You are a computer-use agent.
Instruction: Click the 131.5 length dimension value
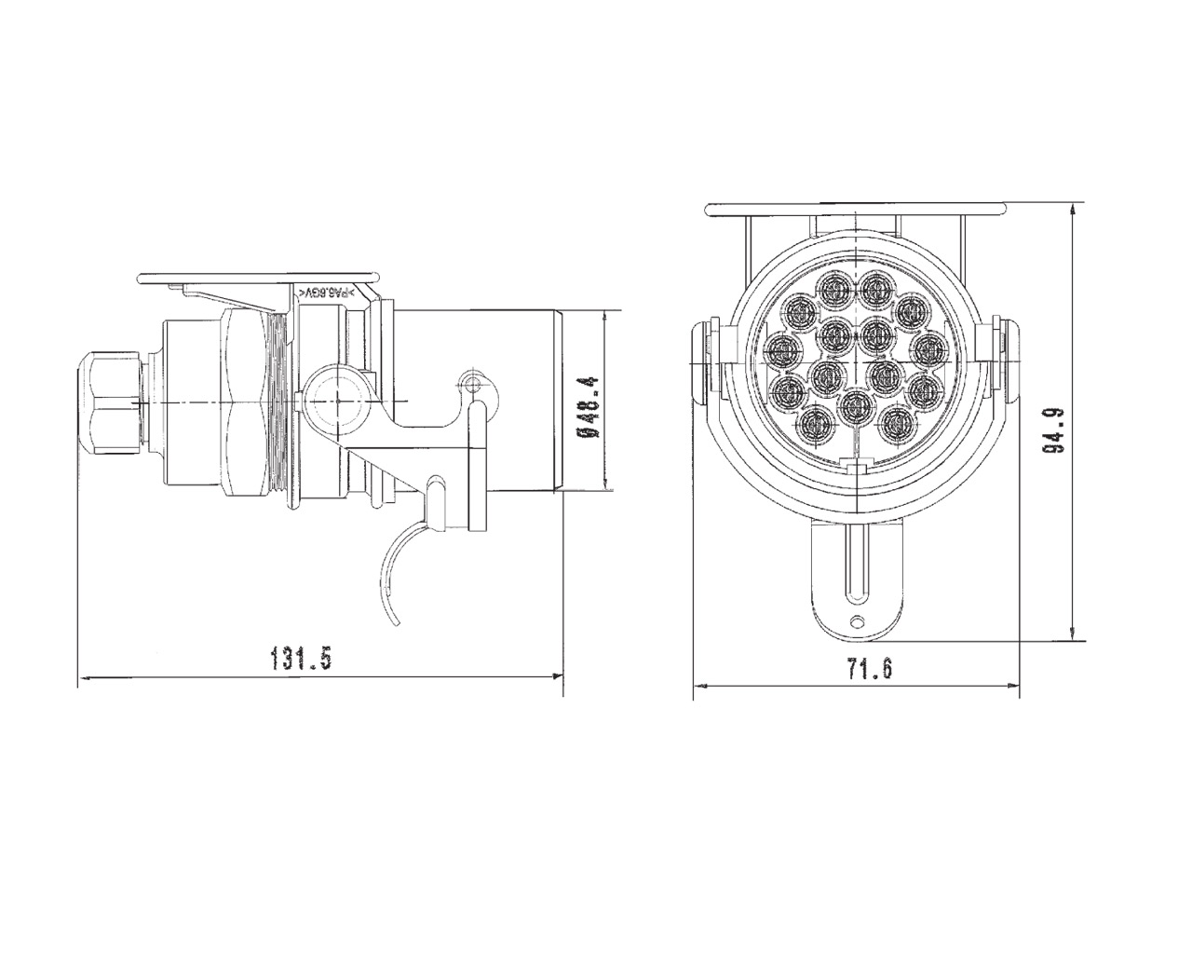coord(301,660)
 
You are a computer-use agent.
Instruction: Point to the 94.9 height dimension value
coord(1053,429)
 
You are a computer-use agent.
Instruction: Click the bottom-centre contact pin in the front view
coord(854,406)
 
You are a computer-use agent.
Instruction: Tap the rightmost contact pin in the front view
coord(927,349)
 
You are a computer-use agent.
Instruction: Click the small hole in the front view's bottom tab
coord(857,623)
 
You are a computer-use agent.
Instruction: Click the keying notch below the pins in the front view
coord(856,465)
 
